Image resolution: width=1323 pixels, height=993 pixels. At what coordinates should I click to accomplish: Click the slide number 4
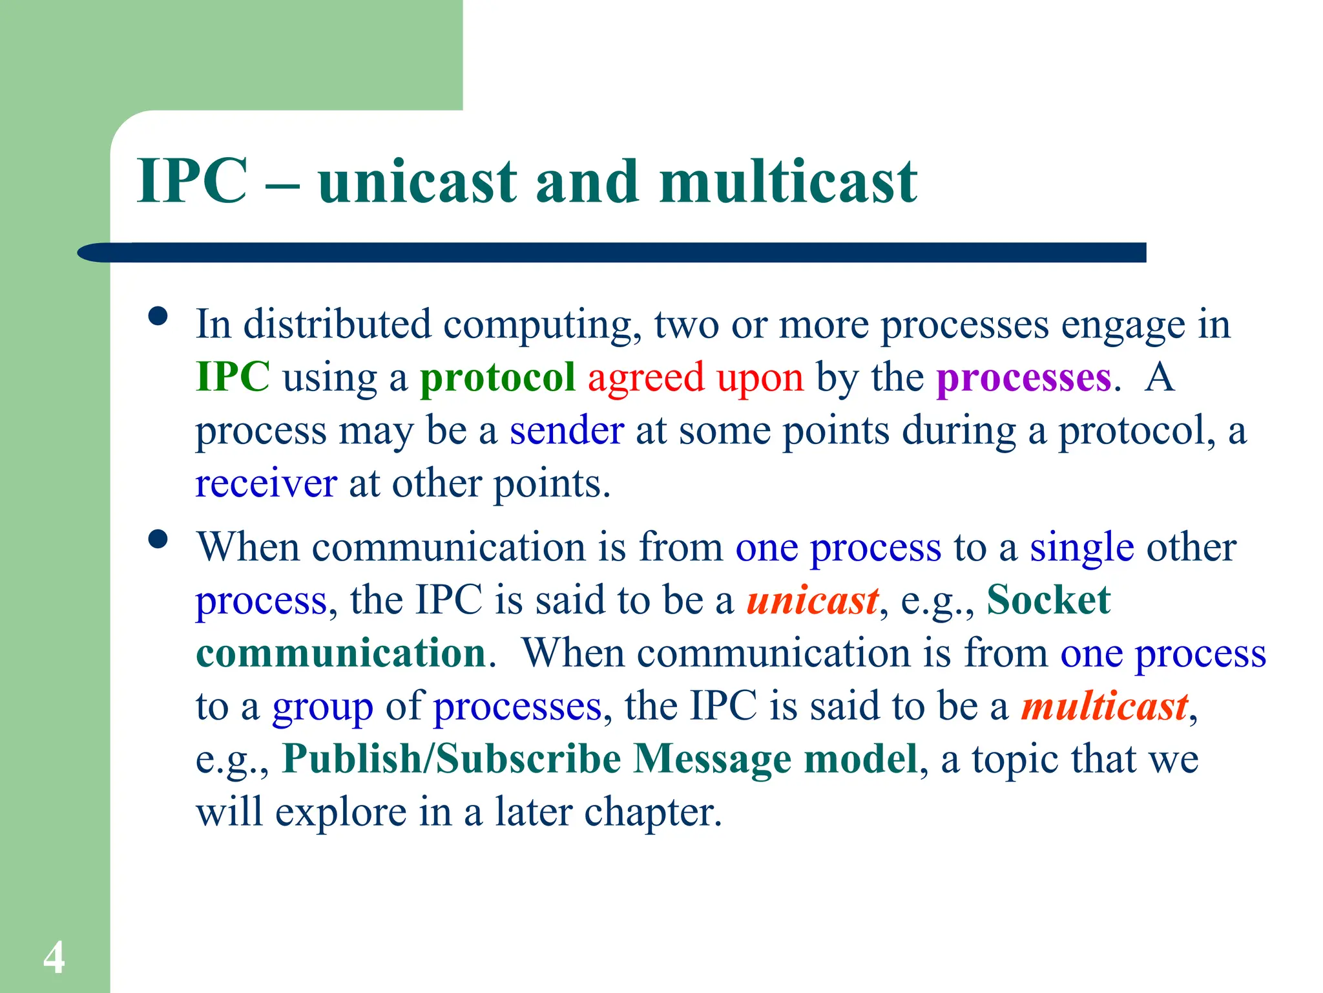pyautogui.click(x=54, y=957)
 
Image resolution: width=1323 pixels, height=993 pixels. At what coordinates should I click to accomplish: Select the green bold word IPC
pyautogui.click(x=233, y=377)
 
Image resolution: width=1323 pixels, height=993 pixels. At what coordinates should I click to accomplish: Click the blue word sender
pyautogui.click(x=567, y=431)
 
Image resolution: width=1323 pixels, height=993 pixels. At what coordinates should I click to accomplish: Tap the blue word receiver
pyautogui.click(x=266, y=484)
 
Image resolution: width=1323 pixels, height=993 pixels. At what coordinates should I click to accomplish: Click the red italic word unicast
pyautogui.click(x=812, y=601)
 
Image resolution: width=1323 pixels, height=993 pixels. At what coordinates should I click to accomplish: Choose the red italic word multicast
pyautogui.click(x=1104, y=706)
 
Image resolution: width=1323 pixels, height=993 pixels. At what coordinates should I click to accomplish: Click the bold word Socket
pyautogui.click(x=1048, y=601)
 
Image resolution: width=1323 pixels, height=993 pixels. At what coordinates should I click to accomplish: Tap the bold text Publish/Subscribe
pyautogui.click(x=452, y=759)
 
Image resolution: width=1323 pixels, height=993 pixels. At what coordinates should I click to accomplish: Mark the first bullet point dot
pyautogui.click(x=158, y=316)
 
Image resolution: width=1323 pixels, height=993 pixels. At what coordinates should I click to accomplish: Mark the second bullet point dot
pyautogui.click(x=158, y=539)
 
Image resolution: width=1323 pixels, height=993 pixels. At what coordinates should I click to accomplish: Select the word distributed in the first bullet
pyautogui.click(x=337, y=325)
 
